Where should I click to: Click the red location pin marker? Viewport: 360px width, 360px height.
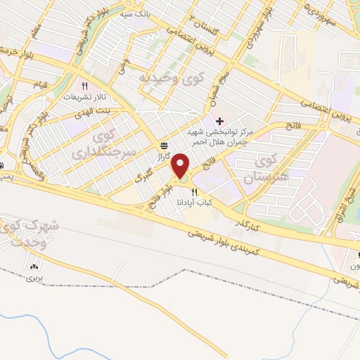pos(181,165)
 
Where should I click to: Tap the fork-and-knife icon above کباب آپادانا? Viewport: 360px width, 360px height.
pos(194,191)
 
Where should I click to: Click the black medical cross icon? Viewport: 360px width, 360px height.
pos(220,121)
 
